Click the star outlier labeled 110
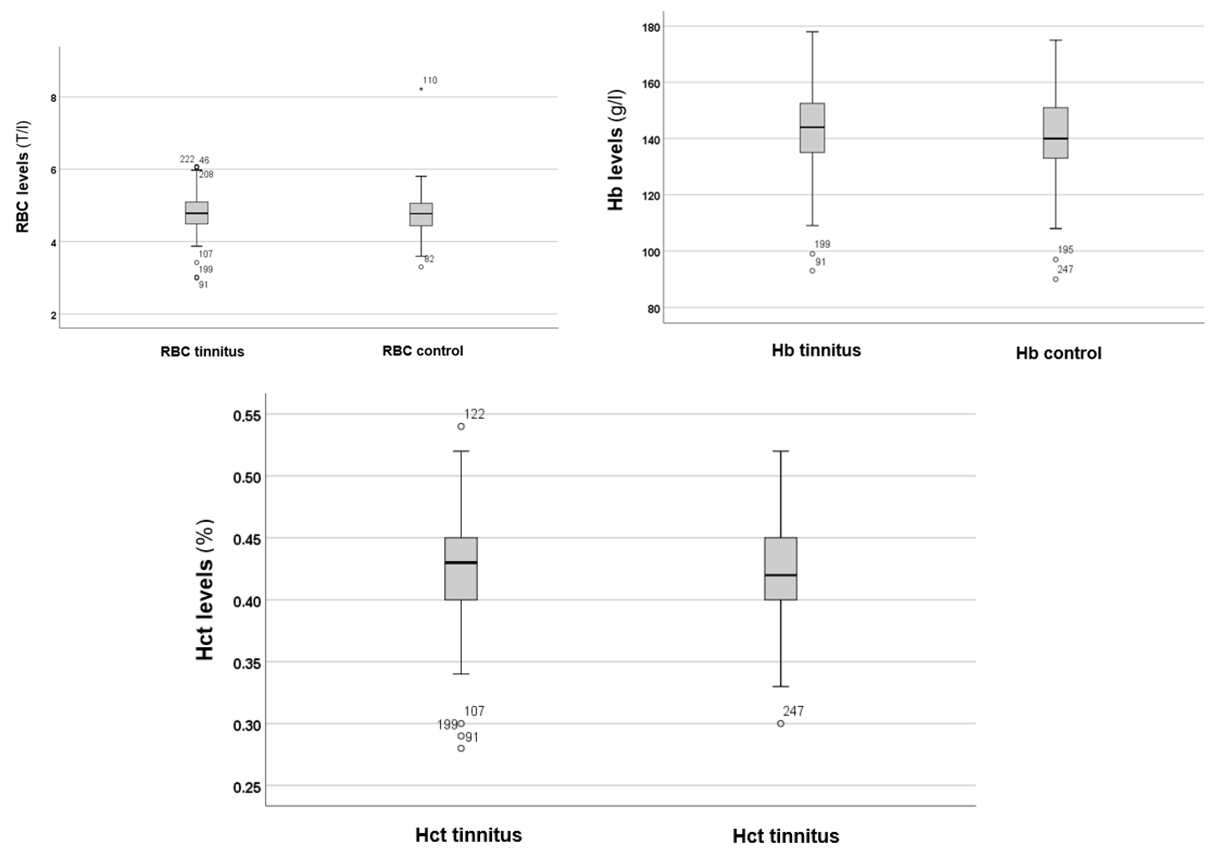(x=421, y=89)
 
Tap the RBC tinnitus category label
(x=203, y=352)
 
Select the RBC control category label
(x=423, y=351)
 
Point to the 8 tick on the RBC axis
(x=53, y=98)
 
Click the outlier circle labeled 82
(x=421, y=267)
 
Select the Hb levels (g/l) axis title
(x=616, y=150)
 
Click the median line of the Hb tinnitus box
(x=812, y=127)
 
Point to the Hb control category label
(x=1059, y=353)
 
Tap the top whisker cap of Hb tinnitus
(x=812, y=32)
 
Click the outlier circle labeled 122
(x=461, y=426)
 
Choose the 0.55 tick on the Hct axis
(x=247, y=416)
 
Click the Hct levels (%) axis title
(x=205, y=589)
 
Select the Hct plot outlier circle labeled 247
(x=780, y=723)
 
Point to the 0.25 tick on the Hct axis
(x=247, y=787)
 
